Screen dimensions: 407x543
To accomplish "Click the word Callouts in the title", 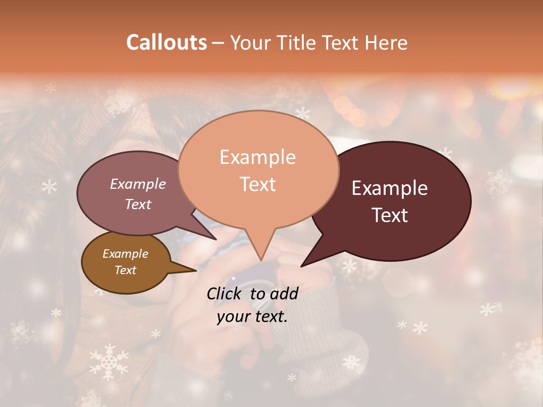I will point(166,42).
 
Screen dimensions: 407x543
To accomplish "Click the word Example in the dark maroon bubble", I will point(390,188).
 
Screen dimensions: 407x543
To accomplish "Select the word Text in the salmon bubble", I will point(258,184).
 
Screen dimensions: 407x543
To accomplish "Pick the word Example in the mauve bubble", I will point(137,184).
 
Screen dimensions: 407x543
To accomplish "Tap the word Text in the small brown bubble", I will point(126,270).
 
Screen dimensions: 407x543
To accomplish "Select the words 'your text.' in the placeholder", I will point(252,317).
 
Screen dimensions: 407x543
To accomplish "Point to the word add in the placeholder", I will point(283,293).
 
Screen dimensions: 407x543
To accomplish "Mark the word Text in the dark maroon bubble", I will point(390,215).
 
